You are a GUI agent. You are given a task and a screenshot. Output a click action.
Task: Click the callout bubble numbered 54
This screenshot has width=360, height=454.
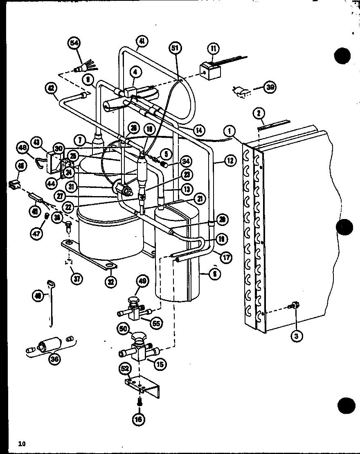tap(74, 43)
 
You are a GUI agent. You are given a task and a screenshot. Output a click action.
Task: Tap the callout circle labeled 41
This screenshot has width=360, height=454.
tap(142, 41)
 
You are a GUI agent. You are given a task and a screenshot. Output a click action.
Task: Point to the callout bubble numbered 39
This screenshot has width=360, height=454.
tap(270, 87)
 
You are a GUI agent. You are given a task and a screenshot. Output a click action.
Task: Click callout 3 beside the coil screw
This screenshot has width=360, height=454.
tap(296, 337)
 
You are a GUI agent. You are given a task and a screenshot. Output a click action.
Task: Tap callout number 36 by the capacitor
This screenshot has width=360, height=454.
tap(54, 359)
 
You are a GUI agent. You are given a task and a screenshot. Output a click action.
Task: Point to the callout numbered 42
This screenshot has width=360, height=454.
tap(52, 87)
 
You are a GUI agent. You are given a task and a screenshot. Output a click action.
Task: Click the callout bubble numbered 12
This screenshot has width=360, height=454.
tap(230, 161)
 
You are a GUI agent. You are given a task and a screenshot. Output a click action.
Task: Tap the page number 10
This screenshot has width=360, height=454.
tap(22, 443)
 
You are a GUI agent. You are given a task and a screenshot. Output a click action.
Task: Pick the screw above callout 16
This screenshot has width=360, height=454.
tap(139, 402)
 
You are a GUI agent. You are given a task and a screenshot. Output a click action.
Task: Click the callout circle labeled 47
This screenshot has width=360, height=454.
tap(37, 234)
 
